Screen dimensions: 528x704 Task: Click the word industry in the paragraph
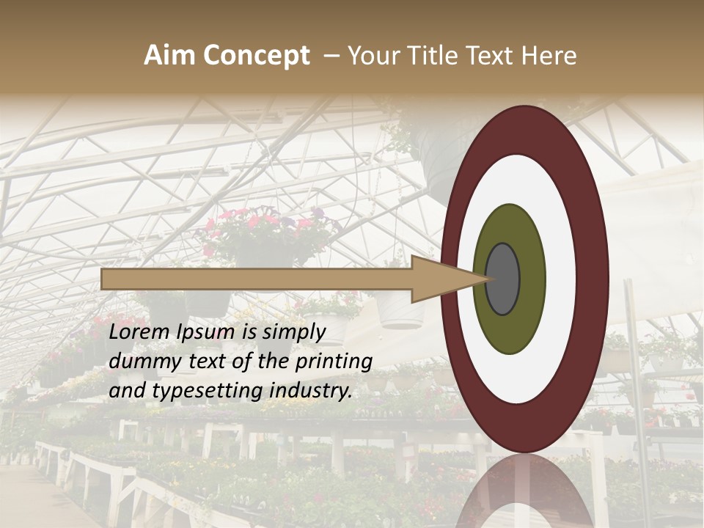click(x=311, y=391)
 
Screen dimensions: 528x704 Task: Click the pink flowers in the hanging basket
click(x=264, y=224)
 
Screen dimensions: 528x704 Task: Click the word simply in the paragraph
click(x=293, y=332)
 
